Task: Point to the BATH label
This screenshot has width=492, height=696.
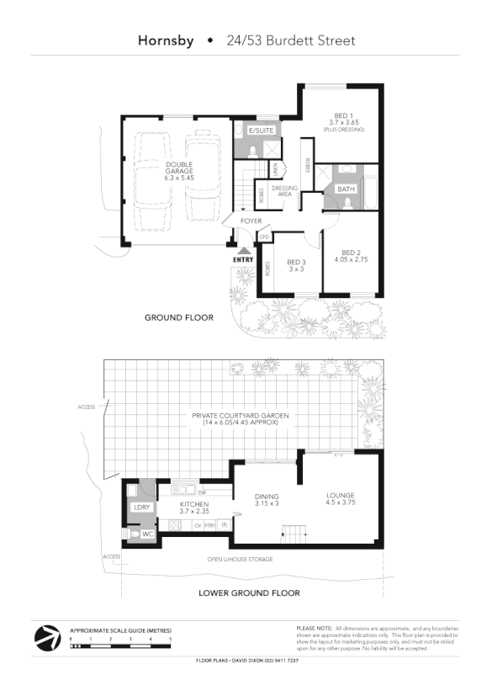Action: click(346, 189)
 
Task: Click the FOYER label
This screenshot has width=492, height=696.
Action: click(251, 221)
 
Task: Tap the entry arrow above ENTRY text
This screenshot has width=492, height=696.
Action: click(244, 250)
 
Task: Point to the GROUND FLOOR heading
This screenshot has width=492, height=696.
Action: click(178, 318)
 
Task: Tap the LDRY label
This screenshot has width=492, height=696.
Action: click(140, 507)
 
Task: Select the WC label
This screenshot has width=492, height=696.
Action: click(147, 534)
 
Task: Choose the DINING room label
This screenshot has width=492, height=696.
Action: click(267, 497)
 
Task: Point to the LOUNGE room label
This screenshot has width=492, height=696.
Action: click(341, 495)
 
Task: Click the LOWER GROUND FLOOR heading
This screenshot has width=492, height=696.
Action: click(249, 593)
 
